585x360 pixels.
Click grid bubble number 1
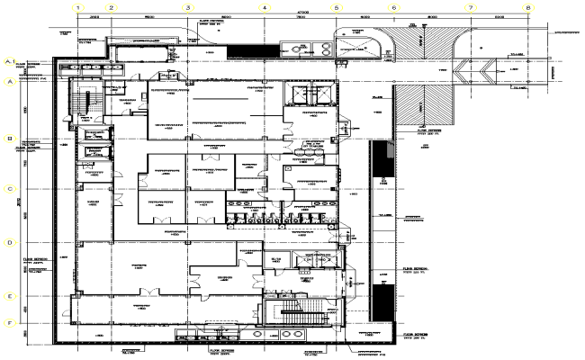[x=78, y=8]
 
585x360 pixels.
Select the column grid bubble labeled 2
[x=112, y=8]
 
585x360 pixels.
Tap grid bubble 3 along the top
[x=187, y=8]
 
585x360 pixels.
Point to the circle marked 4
[x=264, y=8]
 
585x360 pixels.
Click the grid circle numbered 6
[x=393, y=8]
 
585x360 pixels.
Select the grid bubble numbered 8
[x=528, y=8]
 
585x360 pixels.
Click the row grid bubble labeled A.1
[x=11, y=62]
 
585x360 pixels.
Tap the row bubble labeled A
[x=11, y=82]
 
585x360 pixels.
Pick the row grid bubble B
[x=11, y=139]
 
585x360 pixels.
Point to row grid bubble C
[x=11, y=190]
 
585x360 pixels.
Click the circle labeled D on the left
[x=11, y=243]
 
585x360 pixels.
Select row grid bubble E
[x=11, y=296]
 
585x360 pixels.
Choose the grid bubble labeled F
[x=11, y=322]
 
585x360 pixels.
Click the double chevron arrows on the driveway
[x=480, y=69]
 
